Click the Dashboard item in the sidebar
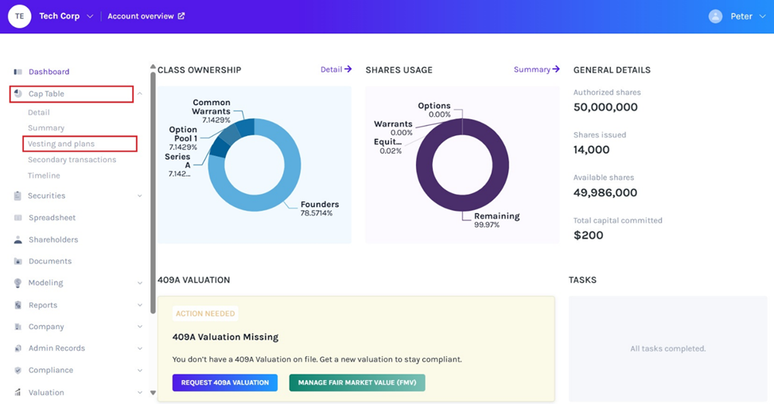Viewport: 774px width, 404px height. (49, 72)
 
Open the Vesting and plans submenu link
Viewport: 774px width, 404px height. (61, 144)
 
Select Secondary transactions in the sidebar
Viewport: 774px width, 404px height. (72, 160)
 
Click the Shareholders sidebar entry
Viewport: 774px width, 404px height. (53, 239)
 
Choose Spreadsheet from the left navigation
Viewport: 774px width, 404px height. (52, 218)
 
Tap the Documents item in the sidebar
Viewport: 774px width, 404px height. (50, 261)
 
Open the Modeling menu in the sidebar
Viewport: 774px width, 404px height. (45, 283)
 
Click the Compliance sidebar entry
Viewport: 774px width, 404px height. (50, 371)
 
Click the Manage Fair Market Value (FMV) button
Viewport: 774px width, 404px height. (357, 383)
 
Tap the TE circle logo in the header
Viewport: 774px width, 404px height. (19, 16)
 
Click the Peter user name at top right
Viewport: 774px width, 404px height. (741, 16)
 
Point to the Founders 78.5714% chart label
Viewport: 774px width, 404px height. (319, 208)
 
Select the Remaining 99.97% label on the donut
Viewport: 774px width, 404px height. (496, 220)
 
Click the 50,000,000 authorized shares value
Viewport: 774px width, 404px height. (605, 107)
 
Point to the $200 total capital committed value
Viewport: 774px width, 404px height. (589, 235)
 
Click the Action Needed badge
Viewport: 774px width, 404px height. (205, 313)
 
